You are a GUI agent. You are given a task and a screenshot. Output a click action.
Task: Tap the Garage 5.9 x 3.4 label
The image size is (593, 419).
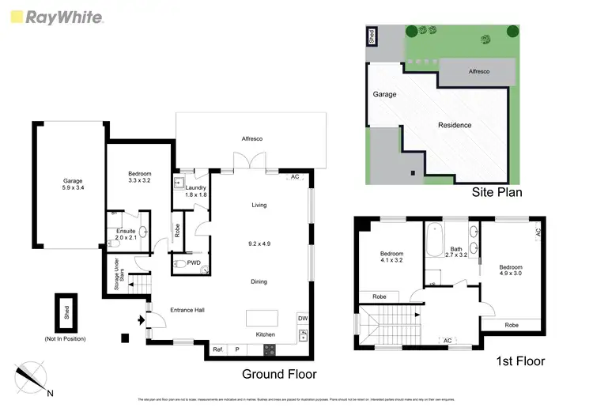73,184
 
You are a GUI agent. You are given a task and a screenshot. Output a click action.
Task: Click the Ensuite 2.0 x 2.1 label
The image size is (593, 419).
127,234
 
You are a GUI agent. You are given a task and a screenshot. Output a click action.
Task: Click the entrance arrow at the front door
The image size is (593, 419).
141,320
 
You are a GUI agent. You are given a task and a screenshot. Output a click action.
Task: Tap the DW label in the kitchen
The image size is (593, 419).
302,319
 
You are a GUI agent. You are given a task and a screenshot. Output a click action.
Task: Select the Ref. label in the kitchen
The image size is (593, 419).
217,349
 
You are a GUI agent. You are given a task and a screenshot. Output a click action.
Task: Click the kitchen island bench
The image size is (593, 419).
263,318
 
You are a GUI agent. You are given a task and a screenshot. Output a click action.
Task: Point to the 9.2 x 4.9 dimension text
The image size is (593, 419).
259,243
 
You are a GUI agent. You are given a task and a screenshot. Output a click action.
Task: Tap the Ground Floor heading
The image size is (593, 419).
280,374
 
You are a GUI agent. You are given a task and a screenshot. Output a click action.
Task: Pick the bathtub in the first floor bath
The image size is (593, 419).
434,242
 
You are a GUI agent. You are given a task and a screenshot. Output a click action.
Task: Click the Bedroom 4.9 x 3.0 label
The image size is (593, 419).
510,271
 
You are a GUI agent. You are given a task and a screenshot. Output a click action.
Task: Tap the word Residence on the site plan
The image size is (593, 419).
455,125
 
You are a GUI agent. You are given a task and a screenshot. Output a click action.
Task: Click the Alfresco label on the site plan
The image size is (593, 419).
478,70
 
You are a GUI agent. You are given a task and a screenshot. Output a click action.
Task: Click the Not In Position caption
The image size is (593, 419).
66,338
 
